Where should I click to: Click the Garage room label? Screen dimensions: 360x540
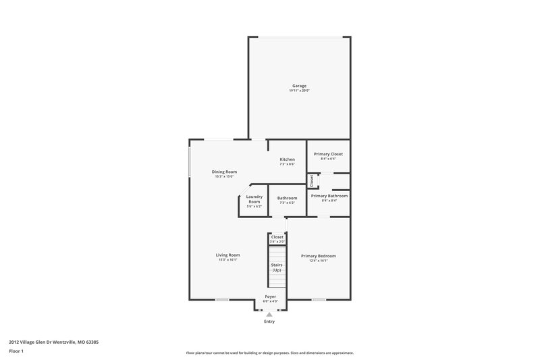click(x=299, y=86)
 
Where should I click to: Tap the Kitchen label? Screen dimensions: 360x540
click(x=288, y=159)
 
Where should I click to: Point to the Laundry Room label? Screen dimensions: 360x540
click(x=254, y=199)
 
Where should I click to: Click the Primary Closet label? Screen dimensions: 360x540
click(x=328, y=154)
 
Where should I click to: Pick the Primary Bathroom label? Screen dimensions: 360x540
click(x=329, y=195)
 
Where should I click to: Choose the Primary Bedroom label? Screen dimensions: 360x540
click(x=319, y=256)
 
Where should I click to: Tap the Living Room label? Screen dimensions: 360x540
click(x=228, y=255)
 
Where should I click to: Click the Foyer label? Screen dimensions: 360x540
click(x=270, y=297)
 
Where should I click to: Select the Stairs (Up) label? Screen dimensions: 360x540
click(x=277, y=267)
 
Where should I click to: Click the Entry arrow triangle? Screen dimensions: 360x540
click(x=269, y=314)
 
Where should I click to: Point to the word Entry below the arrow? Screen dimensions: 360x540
click(x=270, y=322)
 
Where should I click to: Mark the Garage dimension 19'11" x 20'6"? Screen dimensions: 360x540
click(x=299, y=91)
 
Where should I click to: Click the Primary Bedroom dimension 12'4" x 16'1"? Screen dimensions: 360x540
click(x=319, y=261)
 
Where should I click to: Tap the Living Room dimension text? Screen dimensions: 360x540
click(x=228, y=259)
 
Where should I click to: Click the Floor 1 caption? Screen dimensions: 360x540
click(x=16, y=352)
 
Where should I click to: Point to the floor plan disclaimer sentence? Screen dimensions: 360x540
click(x=270, y=353)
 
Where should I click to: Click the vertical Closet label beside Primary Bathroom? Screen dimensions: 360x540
click(x=312, y=181)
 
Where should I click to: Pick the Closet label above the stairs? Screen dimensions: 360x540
click(x=277, y=237)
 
